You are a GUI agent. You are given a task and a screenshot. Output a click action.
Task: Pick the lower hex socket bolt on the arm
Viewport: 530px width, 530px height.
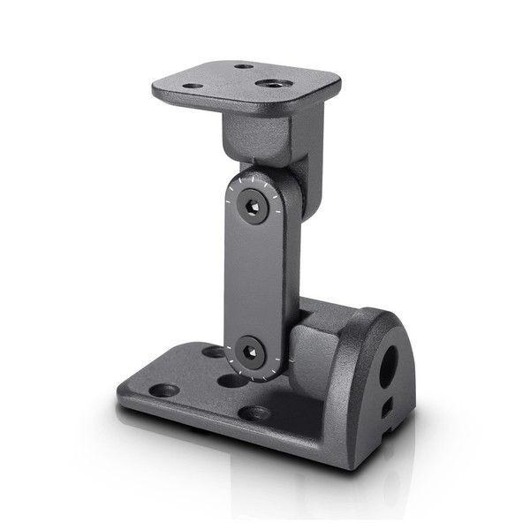point(250,352)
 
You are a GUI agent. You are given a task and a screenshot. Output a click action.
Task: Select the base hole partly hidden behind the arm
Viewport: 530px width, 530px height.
point(214,352)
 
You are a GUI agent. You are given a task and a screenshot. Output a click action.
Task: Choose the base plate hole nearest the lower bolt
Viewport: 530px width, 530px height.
point(231,381)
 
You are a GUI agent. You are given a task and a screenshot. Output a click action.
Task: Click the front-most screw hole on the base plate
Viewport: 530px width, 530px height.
point(254,412)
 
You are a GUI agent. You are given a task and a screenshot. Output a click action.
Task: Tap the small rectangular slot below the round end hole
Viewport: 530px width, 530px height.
point(386,407)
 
